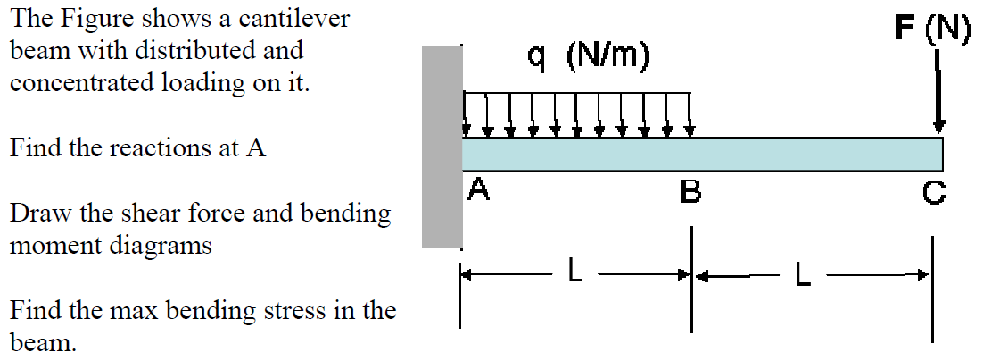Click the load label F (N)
pos(933,29)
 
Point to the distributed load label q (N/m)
pos(589,58)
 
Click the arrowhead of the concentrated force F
pos(938,127)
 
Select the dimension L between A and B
pos(576,273)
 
